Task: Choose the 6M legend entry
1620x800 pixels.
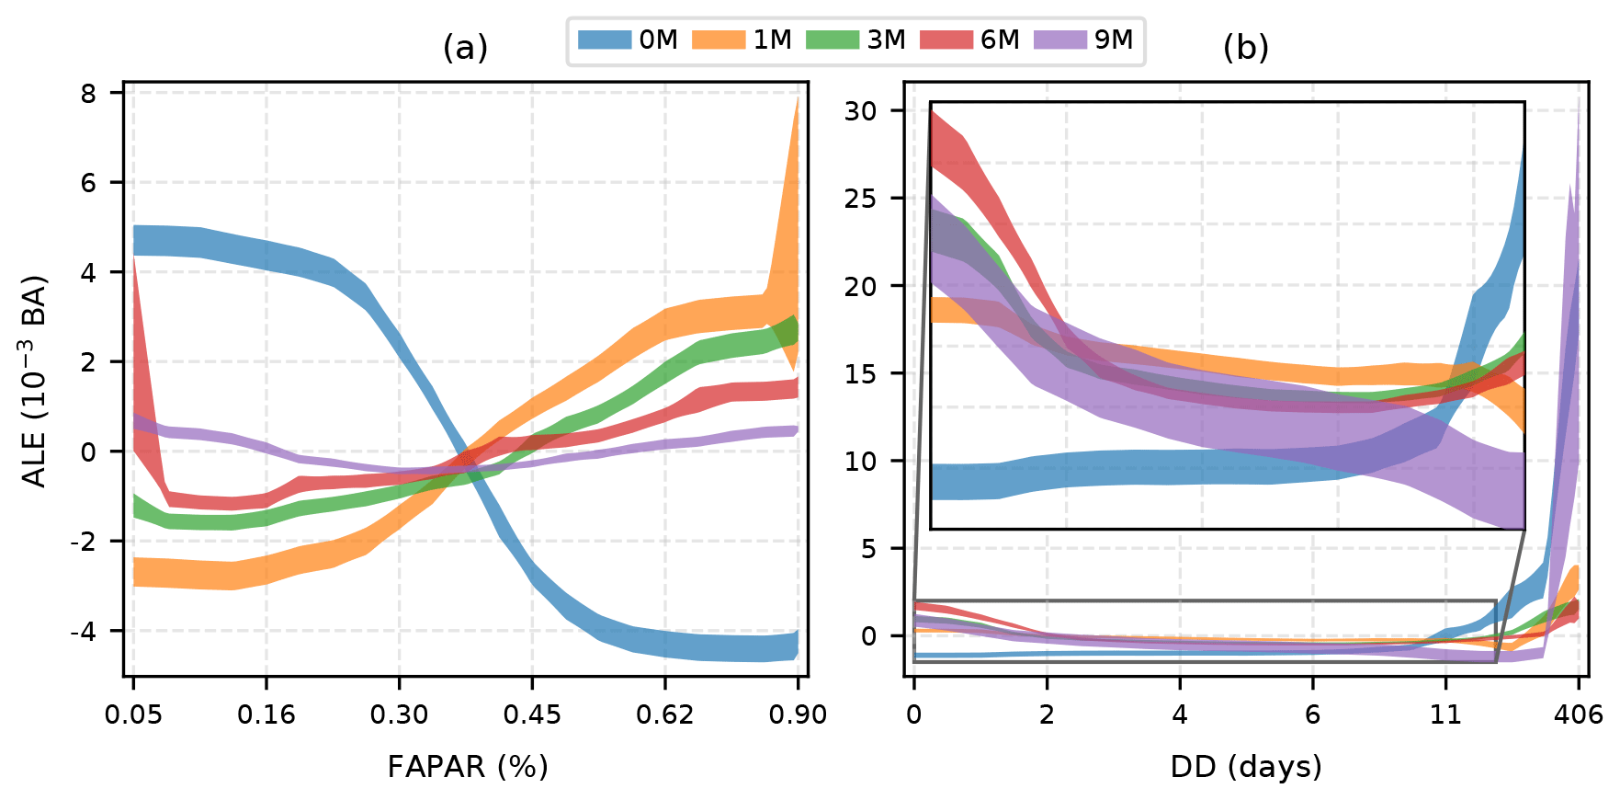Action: click(970, 40)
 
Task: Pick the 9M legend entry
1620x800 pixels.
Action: click(1084, 40)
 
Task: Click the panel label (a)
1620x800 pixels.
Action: click(465, 48)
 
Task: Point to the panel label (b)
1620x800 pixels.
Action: click(1245, 48)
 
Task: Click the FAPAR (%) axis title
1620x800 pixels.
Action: click(467, 766)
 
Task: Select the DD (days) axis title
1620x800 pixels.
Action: click(1246, 766)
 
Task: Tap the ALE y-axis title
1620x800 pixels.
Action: click(35, 381)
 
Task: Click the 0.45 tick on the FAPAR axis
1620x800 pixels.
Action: click(532, 714)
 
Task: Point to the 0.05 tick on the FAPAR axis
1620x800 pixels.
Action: click(133, 714)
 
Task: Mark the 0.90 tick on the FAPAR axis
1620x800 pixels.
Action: click(798, 714)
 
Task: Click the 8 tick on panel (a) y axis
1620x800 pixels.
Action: click(88, 93)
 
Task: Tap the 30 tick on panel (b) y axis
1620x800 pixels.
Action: click(860, 110)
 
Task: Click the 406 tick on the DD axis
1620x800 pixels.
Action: click(1579, 714)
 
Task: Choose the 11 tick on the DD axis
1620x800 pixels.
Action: click(1445, 714)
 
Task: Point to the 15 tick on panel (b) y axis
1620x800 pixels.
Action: click(860, 373)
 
